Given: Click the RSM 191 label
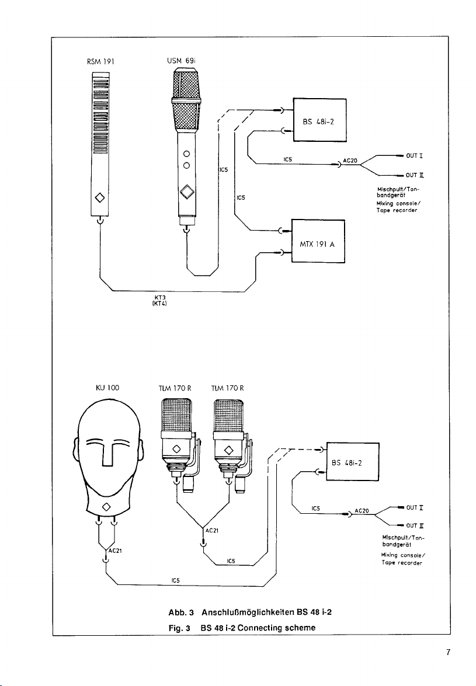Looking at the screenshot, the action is [x=100, y=62].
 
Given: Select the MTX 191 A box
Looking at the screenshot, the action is [x=318, y=241].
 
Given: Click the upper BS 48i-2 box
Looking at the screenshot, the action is [x=319, y=120].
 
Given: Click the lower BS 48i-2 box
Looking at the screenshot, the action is [x=353, y=462].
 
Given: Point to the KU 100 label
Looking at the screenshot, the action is [x=107, y=388].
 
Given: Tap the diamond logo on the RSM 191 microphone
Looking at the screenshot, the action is [x=100, y=198].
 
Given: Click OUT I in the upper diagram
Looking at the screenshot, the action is [x=414, y=156].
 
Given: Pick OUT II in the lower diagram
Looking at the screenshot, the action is [x=415, y=525].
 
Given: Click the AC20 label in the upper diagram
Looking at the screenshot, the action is [x=350, y=161].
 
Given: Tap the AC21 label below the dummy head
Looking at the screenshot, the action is [x=114, y=551].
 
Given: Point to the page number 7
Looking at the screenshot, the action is [x=448, y=652].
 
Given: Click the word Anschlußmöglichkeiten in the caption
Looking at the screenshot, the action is [x=248, y=612].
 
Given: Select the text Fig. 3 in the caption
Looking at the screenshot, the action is [x=179, y=628].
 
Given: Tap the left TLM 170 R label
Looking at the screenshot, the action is [x=175, y=388].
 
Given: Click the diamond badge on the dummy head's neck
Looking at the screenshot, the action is [x=106, y=507].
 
